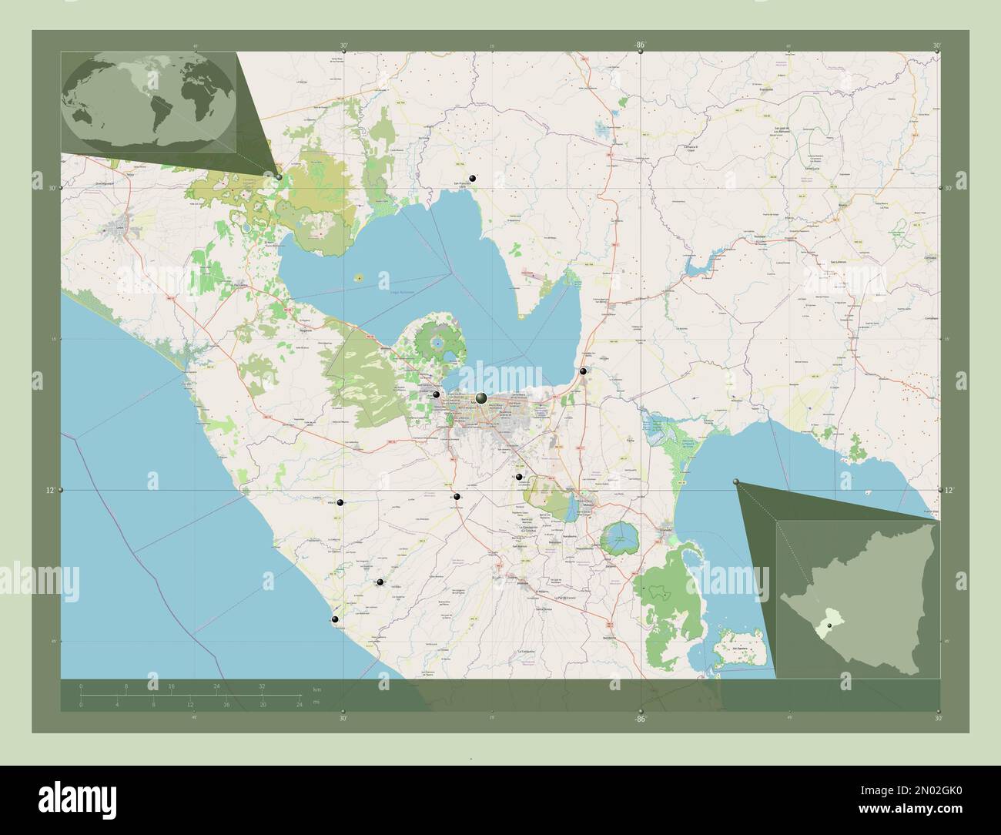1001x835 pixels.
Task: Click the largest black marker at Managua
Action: click(x=481, y=397)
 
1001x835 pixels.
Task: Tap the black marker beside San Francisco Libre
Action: click(x=473, y=178)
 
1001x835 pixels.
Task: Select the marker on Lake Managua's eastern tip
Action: click(x=584, y=372)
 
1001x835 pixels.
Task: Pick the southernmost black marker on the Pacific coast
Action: click(x=334, y=619)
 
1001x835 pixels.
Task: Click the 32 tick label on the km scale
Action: click(x=262, y=686)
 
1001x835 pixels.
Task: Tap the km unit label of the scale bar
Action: click(x=316, y=688)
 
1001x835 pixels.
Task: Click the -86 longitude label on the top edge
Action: click(x=640, y=45)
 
